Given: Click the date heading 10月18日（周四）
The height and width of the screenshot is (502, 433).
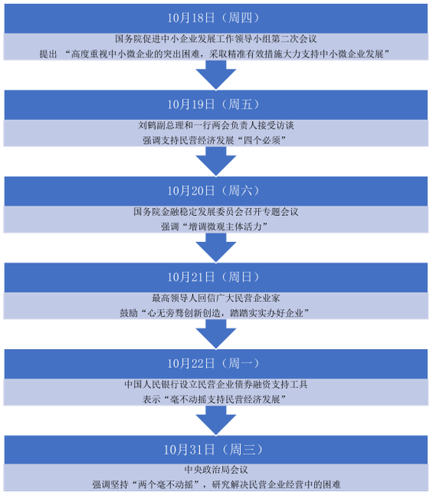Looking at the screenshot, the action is (x=213, y=18).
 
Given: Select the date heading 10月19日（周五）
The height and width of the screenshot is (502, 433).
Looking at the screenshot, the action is (x=213, y=104).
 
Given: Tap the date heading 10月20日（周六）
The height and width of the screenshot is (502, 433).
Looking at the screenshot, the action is (x=213, y=191).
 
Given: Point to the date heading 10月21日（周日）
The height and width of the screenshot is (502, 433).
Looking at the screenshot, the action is (x=213, y=277).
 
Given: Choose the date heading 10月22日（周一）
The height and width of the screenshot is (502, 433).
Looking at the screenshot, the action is (x=213, y=364).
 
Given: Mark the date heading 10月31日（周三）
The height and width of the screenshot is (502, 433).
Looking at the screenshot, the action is (x=213, y=450).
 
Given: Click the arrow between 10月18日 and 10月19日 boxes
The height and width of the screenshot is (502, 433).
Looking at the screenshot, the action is (x=216, y=75).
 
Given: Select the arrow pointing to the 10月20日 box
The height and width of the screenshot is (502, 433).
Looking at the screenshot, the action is (x=216, y=162).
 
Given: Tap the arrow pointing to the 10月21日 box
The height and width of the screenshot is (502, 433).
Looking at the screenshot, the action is (x=216, y=247).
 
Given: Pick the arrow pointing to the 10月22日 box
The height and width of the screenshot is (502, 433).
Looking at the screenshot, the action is (x=216, y=334).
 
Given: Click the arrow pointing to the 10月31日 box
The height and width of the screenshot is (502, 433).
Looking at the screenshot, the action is (x=216, y=421).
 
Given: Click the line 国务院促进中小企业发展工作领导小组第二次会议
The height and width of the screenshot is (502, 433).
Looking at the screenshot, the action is (x=216, y=39).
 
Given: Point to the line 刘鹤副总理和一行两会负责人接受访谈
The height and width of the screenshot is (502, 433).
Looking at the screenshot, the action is (x=216, y=125).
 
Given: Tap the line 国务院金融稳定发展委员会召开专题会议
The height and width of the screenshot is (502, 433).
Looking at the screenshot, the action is (x=216, y=212).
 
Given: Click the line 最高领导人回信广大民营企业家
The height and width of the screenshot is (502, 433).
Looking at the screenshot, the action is (x=216, y=299).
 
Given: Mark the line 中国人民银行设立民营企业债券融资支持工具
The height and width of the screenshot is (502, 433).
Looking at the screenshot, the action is (x=216, y=385).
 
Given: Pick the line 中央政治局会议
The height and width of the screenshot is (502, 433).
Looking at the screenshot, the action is (x=216, y=470).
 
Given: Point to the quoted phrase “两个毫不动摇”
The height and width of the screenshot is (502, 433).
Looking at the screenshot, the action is (x=165, y=485).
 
